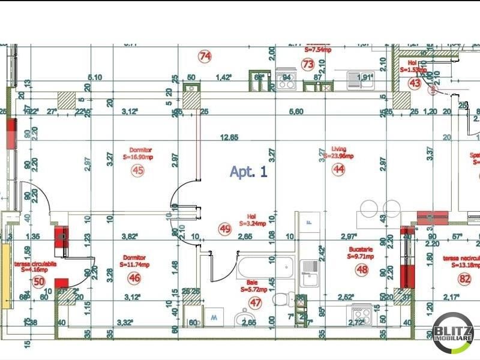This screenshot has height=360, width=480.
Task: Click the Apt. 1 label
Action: [x=248, y=172]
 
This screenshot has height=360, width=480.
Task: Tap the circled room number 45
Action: [x=138, y=170]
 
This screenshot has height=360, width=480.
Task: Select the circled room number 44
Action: [x=340, y=170]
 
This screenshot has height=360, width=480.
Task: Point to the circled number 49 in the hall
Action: [x=225, y=229]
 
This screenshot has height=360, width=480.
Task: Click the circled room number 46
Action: [x=134, y=278]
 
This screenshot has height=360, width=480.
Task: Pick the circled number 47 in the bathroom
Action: [x=256, y=303]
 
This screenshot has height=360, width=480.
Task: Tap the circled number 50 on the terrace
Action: [x=39, y=281]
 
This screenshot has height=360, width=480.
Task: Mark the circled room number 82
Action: [x=464, y=278]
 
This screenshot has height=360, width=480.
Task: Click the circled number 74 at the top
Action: [x=205, y=56]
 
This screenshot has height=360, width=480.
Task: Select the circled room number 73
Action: [x=308, y=64]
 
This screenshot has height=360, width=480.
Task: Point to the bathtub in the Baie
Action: [x=264, y=265]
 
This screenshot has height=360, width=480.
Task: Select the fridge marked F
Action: [x=309, y=221]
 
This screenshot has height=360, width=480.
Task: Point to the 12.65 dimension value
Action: [x=229, y=137]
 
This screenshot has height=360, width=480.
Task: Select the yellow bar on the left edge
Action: [x=6, y=276]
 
